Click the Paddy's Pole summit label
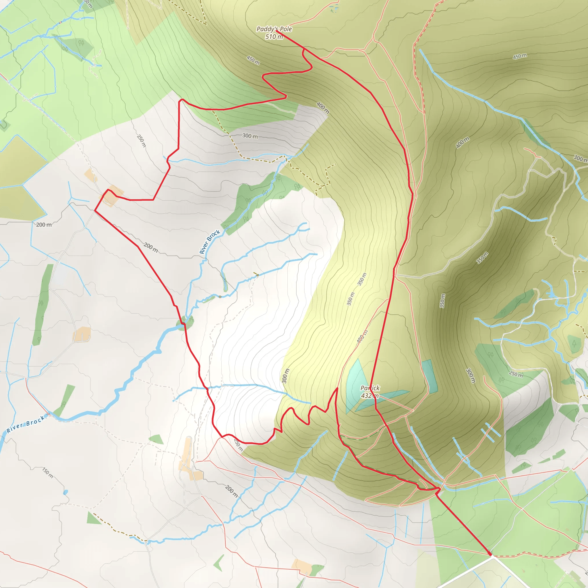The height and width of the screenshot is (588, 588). (274, 29)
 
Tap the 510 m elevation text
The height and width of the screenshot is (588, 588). (274, 37)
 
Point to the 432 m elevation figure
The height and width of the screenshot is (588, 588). (370, 396)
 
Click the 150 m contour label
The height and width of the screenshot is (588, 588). (47, 473)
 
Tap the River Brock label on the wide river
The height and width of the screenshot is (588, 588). (26, 424)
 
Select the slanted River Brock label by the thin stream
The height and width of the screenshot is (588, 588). (209, 242)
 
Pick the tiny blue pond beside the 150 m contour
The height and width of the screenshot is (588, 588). (66, 492)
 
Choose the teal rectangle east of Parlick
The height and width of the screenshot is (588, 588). (430, 376)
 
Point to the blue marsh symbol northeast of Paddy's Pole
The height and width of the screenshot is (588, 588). (334, 8)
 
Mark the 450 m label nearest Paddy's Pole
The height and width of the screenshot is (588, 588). (253, 60)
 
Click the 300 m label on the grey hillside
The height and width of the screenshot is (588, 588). (250, 136)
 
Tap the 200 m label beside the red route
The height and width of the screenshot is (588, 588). (151, 247)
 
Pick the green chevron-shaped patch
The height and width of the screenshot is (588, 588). (218, 563)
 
